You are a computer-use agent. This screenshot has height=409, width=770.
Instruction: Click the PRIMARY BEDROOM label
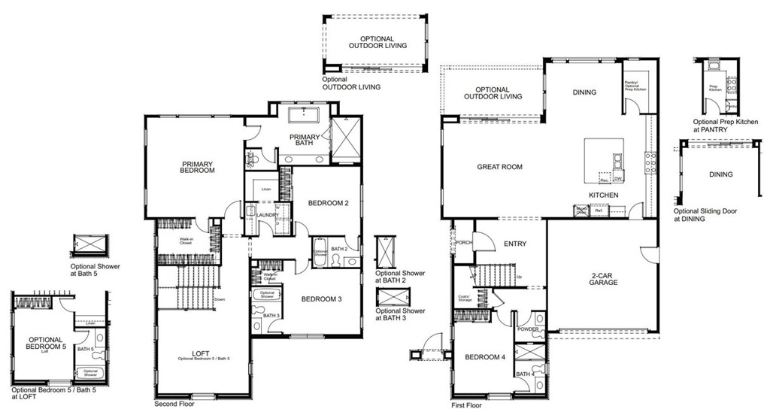tap(197, 167)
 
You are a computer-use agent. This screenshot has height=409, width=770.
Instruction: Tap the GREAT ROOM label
tap(499, 167)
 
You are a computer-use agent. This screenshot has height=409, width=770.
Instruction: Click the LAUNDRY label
tap(268, 215)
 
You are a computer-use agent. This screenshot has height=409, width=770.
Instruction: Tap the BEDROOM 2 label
tap(328, 202)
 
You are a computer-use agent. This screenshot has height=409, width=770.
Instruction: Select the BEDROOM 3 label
tap(321, 299)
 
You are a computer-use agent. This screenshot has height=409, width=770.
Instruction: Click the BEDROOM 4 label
tap(484, 356)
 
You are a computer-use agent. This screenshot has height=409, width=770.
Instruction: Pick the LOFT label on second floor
tap(200, 353)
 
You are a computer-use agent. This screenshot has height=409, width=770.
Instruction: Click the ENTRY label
tap(515, 244)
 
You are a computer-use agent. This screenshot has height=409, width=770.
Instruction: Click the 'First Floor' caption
tap(466, 404)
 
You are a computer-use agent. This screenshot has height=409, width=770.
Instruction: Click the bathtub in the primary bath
tap(305, 115)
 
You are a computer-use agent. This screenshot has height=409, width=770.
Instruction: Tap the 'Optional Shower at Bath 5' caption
tap(95, 270)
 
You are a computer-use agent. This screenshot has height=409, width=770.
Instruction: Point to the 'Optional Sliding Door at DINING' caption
tap(708, 215)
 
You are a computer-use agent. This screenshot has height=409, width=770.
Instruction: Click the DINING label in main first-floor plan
tap(584, 92)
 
